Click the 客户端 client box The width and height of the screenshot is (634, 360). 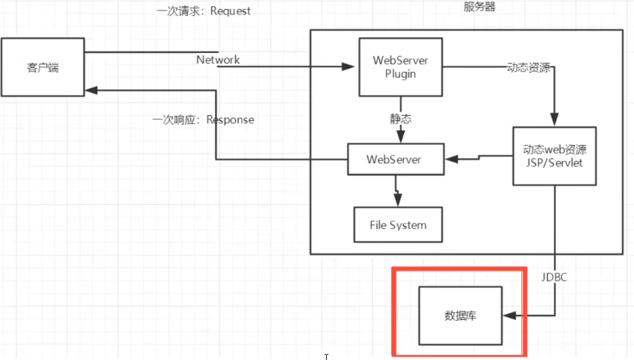coord(42,69)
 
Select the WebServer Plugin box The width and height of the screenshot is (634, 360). coord(400,67)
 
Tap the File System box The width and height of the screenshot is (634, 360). coord(397,225)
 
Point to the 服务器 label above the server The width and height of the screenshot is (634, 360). coord(479,8)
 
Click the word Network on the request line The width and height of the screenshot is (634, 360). coord(218,60)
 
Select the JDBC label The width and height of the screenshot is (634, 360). coord(555,278)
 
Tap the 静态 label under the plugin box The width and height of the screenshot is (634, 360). coord(400,119)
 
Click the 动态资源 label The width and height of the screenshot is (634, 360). coord(527,67)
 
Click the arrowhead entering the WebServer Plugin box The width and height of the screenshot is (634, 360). coord(350,67)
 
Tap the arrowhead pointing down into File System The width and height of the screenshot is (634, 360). coord(396,198)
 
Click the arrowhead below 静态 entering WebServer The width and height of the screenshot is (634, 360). coord(400,136)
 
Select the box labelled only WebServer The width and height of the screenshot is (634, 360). coord(393,160)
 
